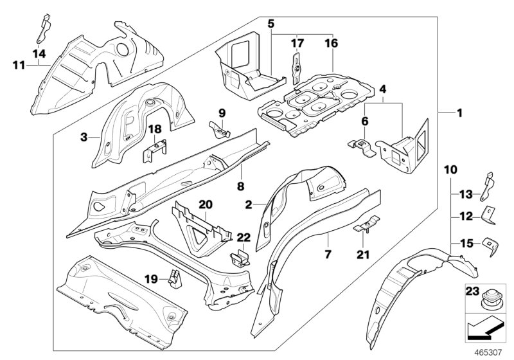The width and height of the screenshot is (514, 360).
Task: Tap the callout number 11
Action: [18, 64]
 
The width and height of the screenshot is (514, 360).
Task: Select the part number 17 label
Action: [296, 44]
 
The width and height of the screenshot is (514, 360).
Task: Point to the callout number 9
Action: [222, 113]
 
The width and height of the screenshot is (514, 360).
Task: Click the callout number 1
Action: [459, 113]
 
